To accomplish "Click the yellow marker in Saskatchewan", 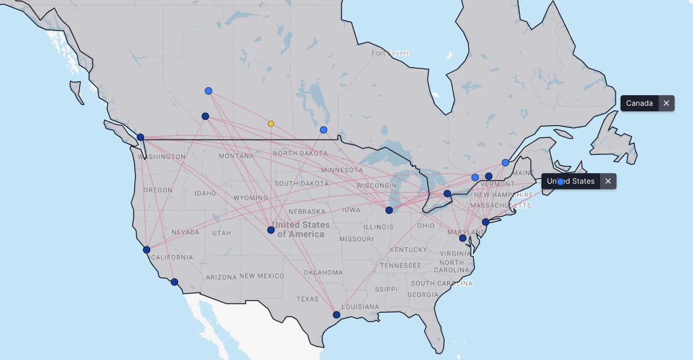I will click(x=271, y=123).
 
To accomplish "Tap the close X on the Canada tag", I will click(x=666, y=103).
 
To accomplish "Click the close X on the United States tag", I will click(x=608, y=181).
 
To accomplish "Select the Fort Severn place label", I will click(x=391, y=53).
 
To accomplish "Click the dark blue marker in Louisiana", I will click(x=336, y=315).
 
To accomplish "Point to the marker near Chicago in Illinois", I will click(x=389, y=210).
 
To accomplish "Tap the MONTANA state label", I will click(x=236, y=156).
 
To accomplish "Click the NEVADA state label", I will click(x=185, y=232).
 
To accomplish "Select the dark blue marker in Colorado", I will click(x=271, y=230).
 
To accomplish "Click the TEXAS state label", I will click(x=307, y=299).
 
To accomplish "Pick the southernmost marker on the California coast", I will click(x=174, y=282).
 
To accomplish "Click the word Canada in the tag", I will click(x=639, y=103).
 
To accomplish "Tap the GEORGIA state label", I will click(x=423, y=294).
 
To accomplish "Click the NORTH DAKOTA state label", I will click(x=300, y=153).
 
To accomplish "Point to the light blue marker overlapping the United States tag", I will click(x=560, y=182).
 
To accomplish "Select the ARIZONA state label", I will click(x=221, y=277).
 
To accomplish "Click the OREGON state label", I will click(x=158, y=190).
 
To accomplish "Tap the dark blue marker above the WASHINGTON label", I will click(x=140, y=137).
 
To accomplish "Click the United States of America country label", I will click(x=301, y=229).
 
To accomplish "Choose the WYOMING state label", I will click(x=250, y=198).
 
